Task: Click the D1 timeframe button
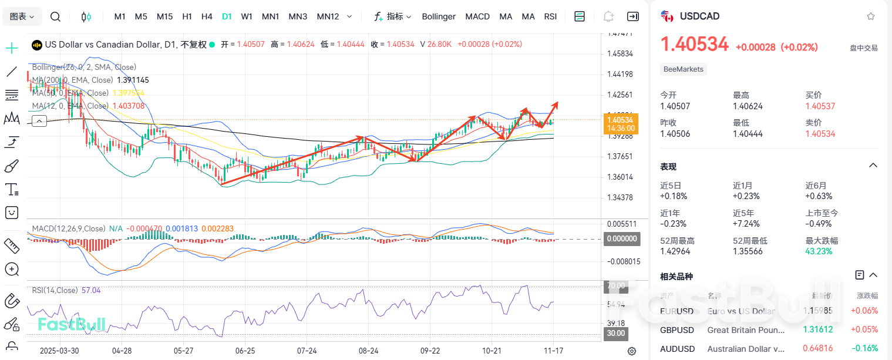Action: [x=227, y=16]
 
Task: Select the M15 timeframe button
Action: [x=164, y=16]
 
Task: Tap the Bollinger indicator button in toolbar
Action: [x=438, y=16]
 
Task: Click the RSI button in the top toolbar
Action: [x=550, y=16]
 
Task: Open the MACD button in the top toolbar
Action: [x=477, y=16]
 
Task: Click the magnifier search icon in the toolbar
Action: [x=55, y=16]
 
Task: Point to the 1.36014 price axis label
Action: [x=620, y=177]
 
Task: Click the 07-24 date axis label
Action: [x=307, y=351]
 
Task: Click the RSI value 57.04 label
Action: [x=91, y=290]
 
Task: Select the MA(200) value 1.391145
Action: [x=133, y=80]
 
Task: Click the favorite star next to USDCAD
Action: [x=871, y=16]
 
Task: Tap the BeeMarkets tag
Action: [x=683, y=69]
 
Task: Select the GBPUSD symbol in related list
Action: [x=676, y=329]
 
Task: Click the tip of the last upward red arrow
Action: [x=557, y=103]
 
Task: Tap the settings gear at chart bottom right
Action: [x=632, y=351]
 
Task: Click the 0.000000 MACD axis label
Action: [x=622, y=239]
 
